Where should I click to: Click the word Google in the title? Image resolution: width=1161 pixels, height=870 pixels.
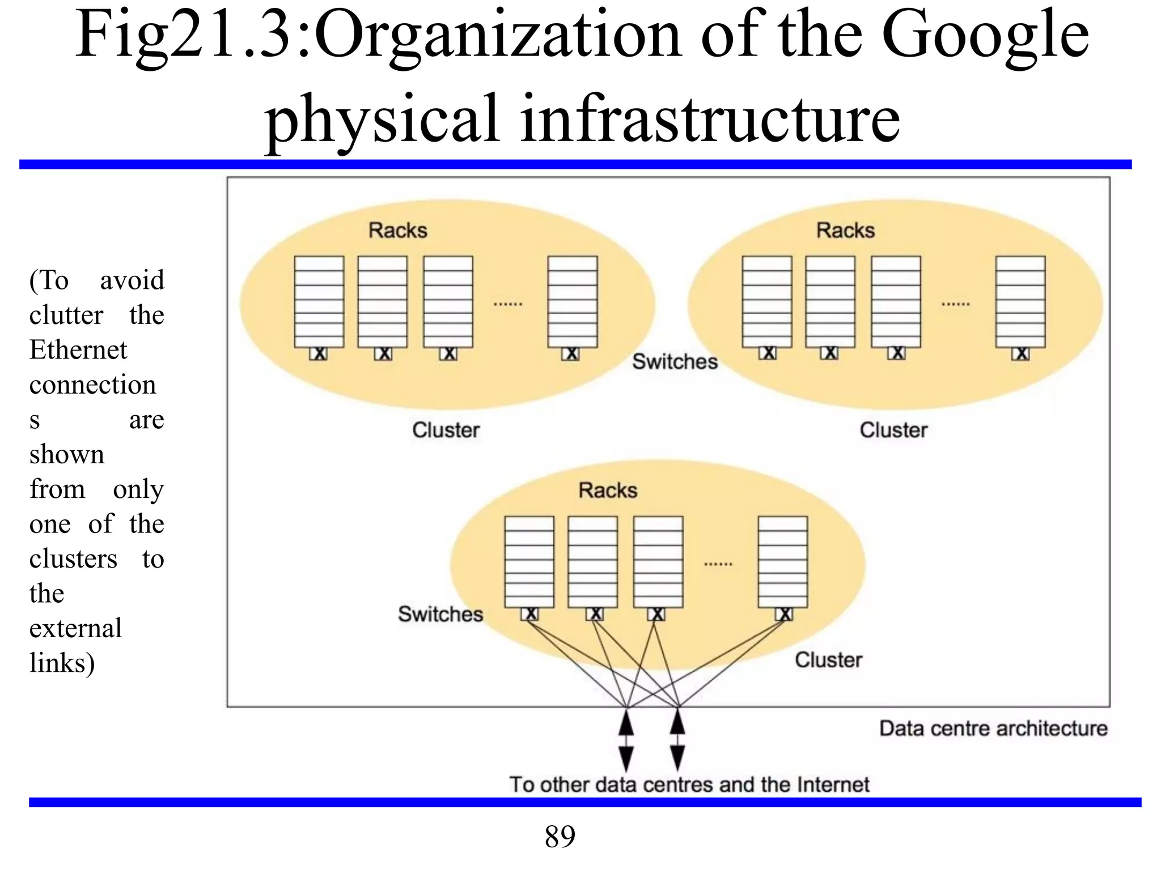tap(985, 35)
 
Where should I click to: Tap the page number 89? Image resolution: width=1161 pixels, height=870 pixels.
tap(560, 836)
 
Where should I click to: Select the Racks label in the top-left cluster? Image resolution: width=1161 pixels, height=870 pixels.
tap(397, 231)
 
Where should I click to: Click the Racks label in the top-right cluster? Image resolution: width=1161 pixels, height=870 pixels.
tap(845, 231)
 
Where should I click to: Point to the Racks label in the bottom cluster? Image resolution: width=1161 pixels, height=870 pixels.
tap(608, 491)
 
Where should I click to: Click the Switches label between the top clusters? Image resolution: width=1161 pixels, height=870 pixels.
tap(675, 361)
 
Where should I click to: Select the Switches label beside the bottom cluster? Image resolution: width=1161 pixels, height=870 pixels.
tap(440, 614)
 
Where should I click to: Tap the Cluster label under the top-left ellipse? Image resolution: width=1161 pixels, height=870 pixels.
tap(446, 430)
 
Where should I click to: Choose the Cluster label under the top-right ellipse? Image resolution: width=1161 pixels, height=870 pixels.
tap(893, 430)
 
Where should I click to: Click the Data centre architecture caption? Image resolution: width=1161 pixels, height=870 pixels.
tap(993, 728)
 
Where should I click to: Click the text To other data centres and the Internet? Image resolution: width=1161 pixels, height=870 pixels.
tap(689, 784)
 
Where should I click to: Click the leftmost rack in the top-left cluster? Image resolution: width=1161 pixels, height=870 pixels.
tap(319, 301)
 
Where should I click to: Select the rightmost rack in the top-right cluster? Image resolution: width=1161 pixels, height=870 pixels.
tap(1020, 301)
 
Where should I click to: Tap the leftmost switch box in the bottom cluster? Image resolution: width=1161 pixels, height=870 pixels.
tap(530, 614)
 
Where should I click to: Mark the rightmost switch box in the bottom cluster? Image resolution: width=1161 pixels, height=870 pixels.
tap(784, 614)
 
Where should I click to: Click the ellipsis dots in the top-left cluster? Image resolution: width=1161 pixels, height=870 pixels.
tap(507, 305)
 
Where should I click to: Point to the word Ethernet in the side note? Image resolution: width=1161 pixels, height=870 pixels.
tap(78, 349)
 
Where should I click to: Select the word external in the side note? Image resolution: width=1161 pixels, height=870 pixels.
tap(75, 628)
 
